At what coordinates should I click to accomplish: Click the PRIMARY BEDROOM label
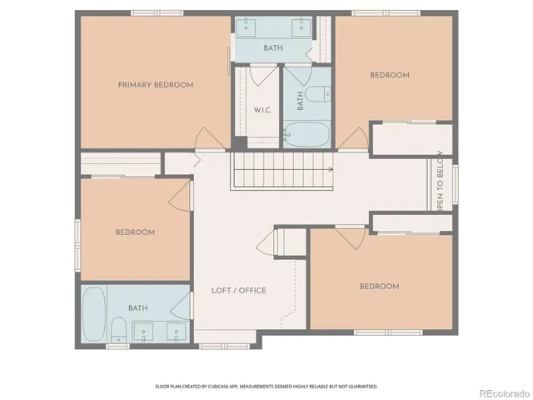(x=156, y=85)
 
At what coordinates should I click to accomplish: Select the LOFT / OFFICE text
(x=239, y=290)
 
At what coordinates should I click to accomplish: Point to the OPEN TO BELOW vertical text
(x=441, y=189)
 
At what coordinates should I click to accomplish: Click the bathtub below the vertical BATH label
(x=308, y=133)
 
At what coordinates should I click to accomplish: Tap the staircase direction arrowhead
(x=331, y=170)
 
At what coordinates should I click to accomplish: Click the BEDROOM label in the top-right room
(x=390, y=75)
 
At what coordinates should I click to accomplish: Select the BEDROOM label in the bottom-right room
(x=379, y=287)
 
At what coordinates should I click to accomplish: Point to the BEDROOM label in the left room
(x=135, y=232)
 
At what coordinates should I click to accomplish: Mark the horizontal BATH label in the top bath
(x=273, y=48)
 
